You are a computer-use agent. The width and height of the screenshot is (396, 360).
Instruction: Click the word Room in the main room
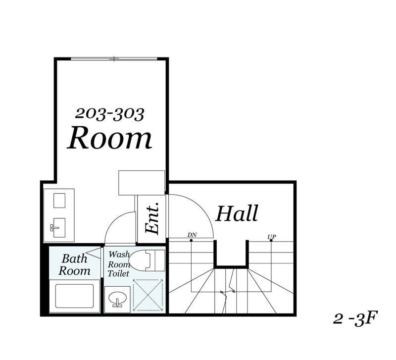(109, 138)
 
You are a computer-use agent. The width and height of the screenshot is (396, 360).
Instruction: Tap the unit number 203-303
(109, 114)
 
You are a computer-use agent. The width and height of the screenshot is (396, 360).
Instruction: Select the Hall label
(237, 213)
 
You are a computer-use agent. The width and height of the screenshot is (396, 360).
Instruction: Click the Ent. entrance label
(152, 217)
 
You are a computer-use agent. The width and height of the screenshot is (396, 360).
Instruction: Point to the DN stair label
(192, 235)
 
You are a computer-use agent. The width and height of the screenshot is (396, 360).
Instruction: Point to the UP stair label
(272, 237)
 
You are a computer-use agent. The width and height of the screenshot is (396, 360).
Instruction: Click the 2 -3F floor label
(355, 318)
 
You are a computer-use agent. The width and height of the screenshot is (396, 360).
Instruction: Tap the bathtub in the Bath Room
(75, 296)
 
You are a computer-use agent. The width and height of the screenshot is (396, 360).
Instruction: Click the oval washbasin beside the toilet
(118, 298)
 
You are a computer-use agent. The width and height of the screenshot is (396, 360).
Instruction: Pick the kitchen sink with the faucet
(59, 228)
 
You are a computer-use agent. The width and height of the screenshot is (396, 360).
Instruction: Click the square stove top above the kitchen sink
(59, 201)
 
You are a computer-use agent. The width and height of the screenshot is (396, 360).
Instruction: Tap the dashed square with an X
(148, 295)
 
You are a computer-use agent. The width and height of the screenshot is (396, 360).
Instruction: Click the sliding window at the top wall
(114, 59)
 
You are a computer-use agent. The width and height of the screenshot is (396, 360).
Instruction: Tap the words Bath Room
(74, 265)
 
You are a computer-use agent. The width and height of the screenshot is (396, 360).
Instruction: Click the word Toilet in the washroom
(118, 273)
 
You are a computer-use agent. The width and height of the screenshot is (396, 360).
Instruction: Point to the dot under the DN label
(191, 240)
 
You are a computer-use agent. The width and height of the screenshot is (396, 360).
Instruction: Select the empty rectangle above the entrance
(142, 183)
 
